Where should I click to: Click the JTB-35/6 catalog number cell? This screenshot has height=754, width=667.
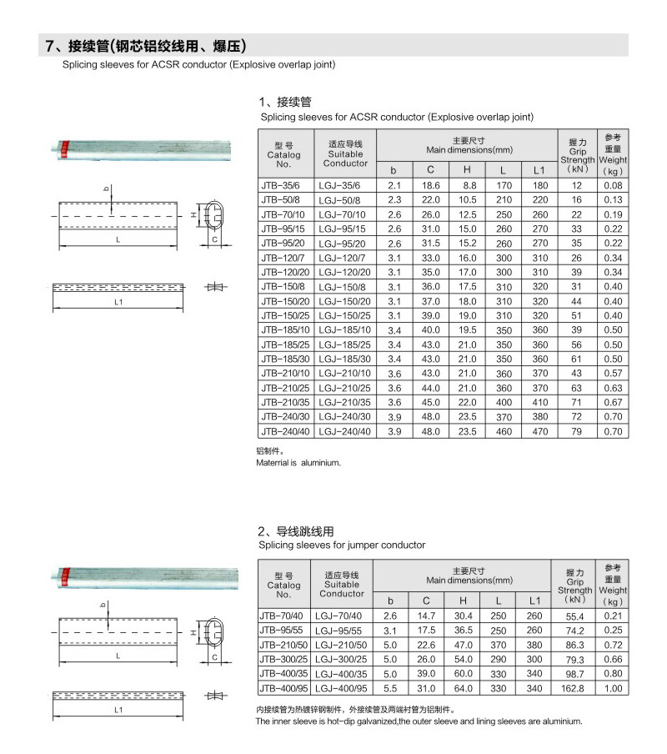pyautogui.click(x=280, y=184)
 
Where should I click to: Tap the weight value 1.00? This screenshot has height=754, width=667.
pyautogui.click(x=613, y=689)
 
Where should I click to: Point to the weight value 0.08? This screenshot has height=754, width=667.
pyautogui.click(x=614, y=184)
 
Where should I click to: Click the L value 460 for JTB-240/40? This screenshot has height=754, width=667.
pyautogui.click(x=504, y=431)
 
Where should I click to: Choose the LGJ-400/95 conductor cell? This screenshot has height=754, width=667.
pyautogui.click(x=342, y=689)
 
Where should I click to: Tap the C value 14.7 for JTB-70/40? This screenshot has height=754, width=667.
pyautogui.click(x=426, y=616)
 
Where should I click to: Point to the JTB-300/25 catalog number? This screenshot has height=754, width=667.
pyautogui.click(x=283, y=658)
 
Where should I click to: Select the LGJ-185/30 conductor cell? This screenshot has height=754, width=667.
pyautogui.click(x=344, y=359)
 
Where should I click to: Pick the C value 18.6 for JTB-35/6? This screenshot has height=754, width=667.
pyautogui.click(x=430, y=184)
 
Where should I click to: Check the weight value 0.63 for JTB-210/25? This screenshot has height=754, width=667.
pyautogui.click(x=614, y=387)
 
